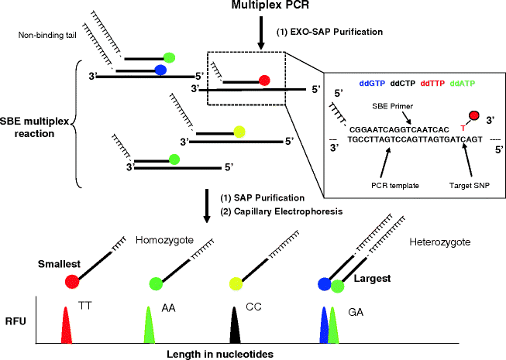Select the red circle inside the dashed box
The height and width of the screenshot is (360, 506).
(264, 79)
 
